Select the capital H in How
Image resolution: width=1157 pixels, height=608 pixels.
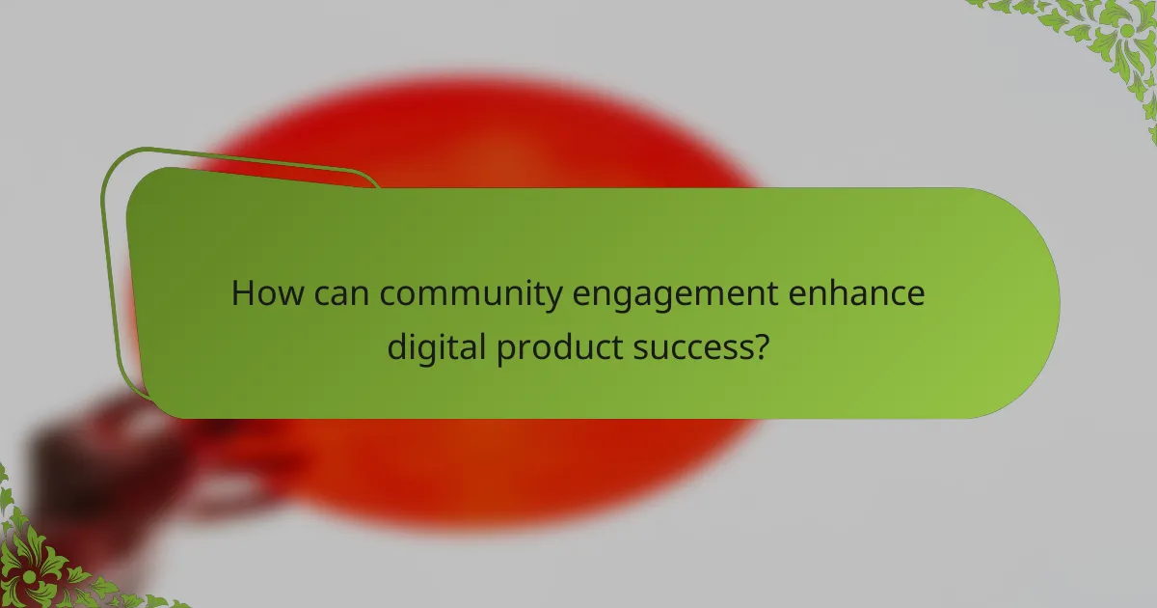[x=242, y=292]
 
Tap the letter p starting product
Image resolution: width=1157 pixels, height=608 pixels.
[x=506, y=349]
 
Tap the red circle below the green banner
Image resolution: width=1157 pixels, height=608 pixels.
[x=482, y=473]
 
